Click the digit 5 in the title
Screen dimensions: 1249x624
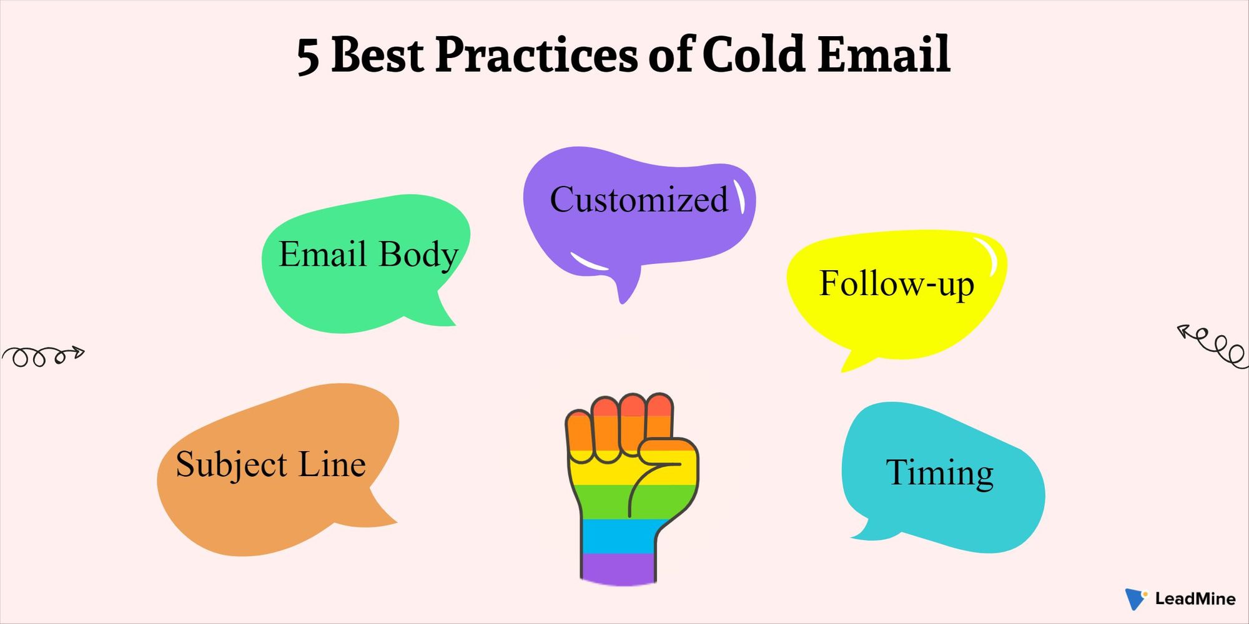[x=308, y=56]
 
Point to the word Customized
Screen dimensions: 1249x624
[x=639, y=200]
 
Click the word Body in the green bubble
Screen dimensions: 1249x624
[x=418, y=255]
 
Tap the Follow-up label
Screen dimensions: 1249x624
[x=896, y=284]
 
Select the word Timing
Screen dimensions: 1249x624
[x=940, y=472]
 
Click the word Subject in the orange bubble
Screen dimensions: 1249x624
[x=231, y=465]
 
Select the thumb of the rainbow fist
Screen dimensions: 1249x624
[x=666, y=474]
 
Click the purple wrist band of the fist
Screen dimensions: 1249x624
[x=618, y=569]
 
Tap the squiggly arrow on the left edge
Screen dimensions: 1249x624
[x=42, y=356]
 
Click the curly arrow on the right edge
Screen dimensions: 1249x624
[x=1212, y=346]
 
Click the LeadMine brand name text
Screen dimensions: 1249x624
[x=1195, y=599]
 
